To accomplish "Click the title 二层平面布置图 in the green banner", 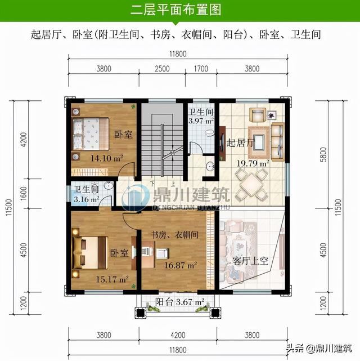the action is pos(176,10).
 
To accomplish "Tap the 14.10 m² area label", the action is pos(107,158).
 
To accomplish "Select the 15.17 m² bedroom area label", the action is pos(112,279).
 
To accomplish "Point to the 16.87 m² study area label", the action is pos(181,265).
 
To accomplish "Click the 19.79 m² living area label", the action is pos(253,163).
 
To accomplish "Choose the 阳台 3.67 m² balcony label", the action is pos(180,302).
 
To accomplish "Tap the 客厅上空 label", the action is pos(250,261).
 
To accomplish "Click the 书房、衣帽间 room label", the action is pos(174,235).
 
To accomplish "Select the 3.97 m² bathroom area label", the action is pos(201,121).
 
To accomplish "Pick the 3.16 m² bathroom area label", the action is pos(87,199).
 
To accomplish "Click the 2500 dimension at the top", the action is pos(162,69).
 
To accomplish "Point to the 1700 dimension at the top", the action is pos(201,69).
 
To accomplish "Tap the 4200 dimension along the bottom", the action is pos(178,335).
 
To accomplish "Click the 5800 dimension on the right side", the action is pos(323,154).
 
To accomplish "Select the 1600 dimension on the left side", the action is pos(24,193).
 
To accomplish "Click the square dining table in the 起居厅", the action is pos(251,185).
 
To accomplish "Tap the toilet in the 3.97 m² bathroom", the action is pos(209,133).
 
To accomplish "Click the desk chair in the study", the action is pos(163,252).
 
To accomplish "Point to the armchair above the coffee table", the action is pos(258,115).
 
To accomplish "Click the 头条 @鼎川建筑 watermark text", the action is pos(319,348).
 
